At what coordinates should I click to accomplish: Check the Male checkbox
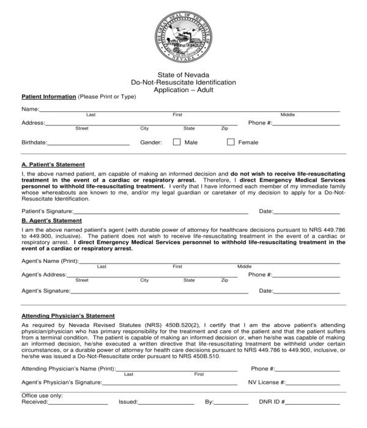coord(177,142)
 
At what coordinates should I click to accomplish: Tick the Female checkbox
coord(231,142)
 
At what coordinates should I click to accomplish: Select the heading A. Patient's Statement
coord(53,164)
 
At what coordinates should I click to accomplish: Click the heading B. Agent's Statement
coord(51,220)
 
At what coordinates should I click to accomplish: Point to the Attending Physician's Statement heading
coord(68,315)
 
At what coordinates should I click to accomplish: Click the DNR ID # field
coord(312,404)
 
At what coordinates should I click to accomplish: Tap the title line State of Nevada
coord(183,75)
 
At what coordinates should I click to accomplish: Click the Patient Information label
coord(49,97)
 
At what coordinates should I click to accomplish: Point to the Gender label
coord(151,142)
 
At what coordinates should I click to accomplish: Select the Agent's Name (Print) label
coord(50,260)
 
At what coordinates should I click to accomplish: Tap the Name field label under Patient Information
coord(30,109)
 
